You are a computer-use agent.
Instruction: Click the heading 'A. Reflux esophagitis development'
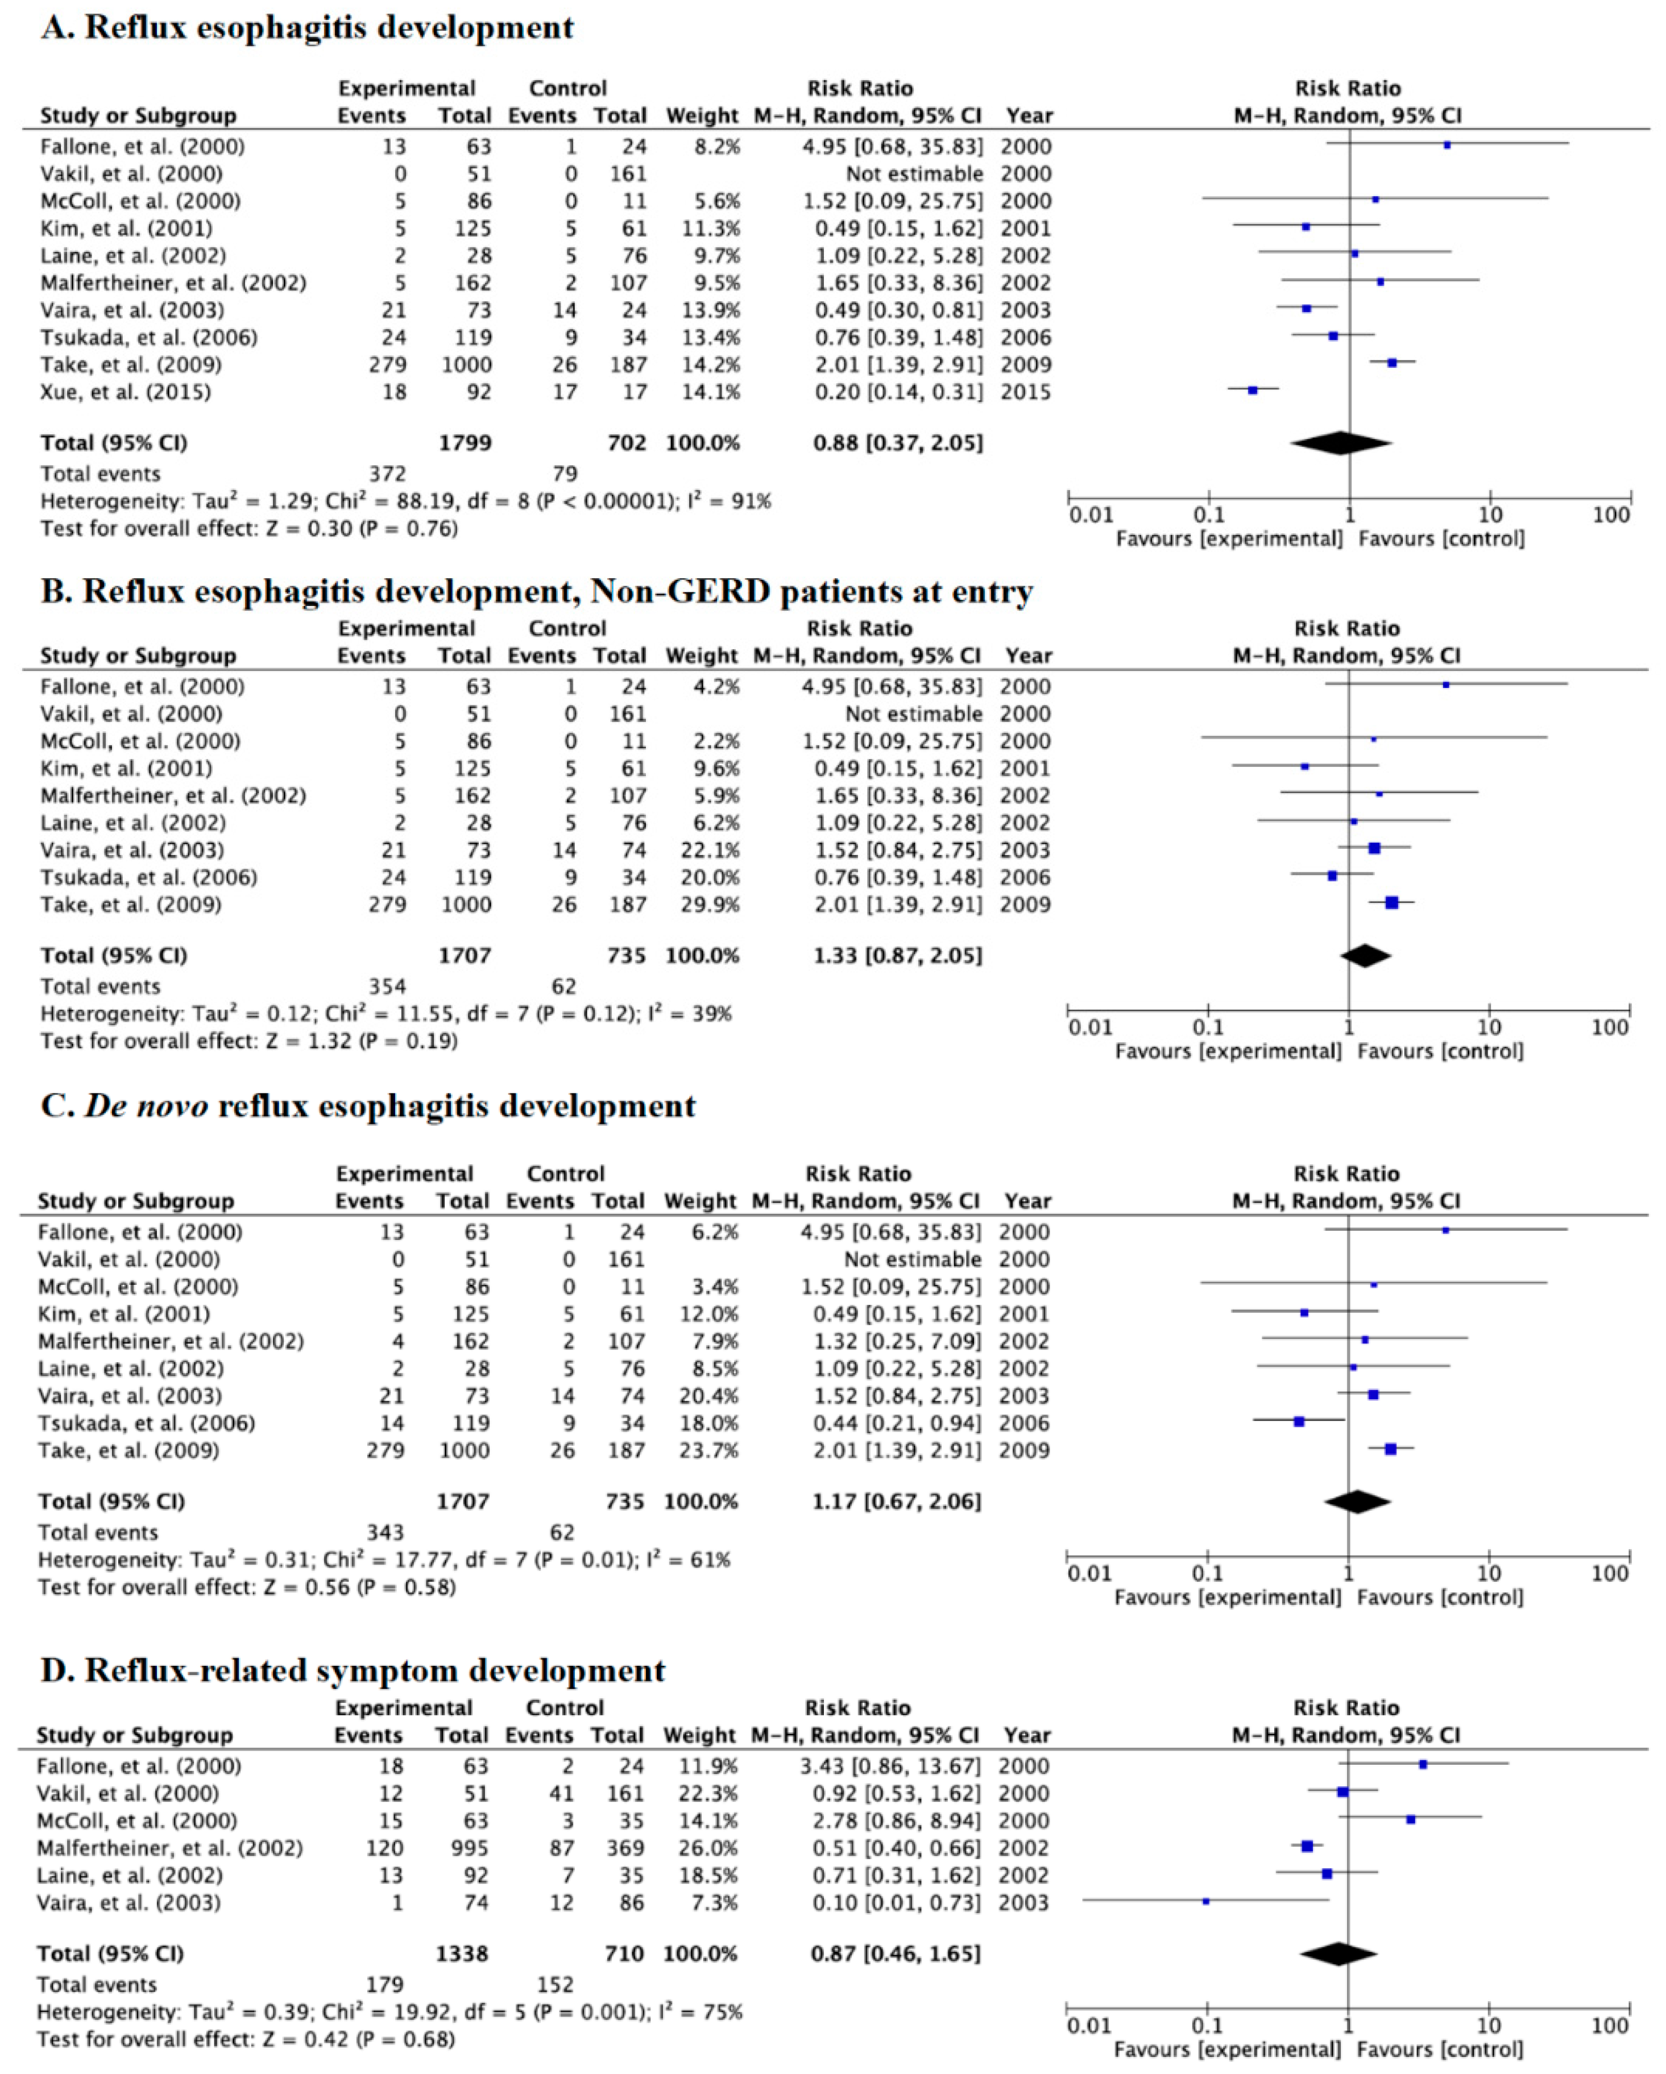click(x=307, y=27)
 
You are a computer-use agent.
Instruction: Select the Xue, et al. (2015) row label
click(x=125, y=392)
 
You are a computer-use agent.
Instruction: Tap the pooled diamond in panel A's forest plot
click(x=1340, y=442)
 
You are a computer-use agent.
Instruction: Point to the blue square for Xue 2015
click(x=1253, y=391)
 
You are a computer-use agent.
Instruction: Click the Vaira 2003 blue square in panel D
click(x=1205, y=1901)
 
